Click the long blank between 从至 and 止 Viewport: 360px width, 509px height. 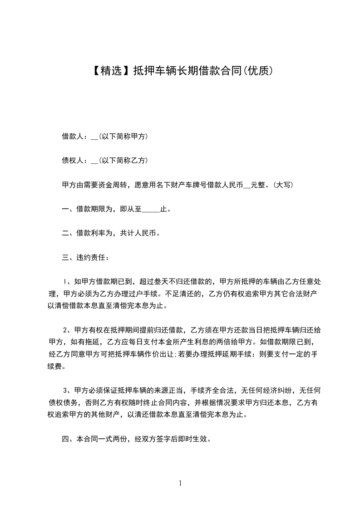pos(151,210)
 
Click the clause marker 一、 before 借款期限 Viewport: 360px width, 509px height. pos(68,209)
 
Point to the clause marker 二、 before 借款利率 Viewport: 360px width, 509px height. pos(68,234)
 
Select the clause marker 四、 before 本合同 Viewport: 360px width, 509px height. pos(68,439)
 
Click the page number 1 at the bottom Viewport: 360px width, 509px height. pos(180,483)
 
